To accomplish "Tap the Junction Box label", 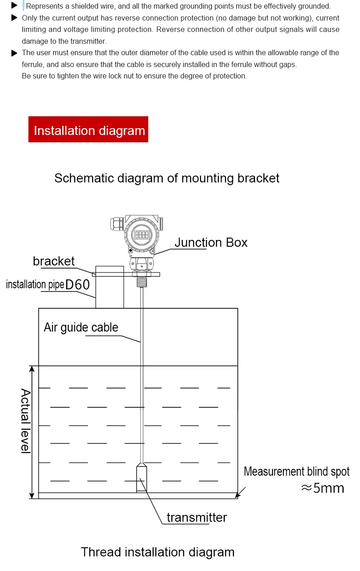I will [x=211, y=242].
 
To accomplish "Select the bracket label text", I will [x=53, y=261].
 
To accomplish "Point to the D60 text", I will [x=77, y=285].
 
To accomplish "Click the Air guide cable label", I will [x=81, y=327].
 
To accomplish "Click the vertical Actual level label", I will [x=26, y=420].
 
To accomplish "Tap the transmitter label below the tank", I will [x=196, y=518].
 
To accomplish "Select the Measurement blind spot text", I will [x=297, y=471].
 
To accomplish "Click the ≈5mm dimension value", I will [x=322, y=488].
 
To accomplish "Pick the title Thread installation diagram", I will [x=157, y=552].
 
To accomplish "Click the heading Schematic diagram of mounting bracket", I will [x=167, y=178].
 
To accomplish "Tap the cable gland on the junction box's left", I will [x=116, y=224].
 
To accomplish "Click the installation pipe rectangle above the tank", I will [x=109, y=287].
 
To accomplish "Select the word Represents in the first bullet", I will [x=43, y=6].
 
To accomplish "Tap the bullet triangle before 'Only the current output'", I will [x=14, y=18].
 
